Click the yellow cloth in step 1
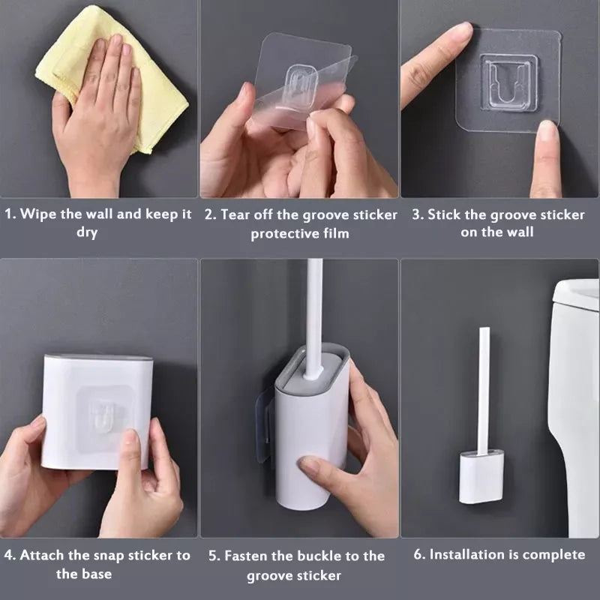point(150,97)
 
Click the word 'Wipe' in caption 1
point(38,214)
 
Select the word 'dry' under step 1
point(87,232)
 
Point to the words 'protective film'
point(300,233)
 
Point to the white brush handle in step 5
point(314,315)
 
